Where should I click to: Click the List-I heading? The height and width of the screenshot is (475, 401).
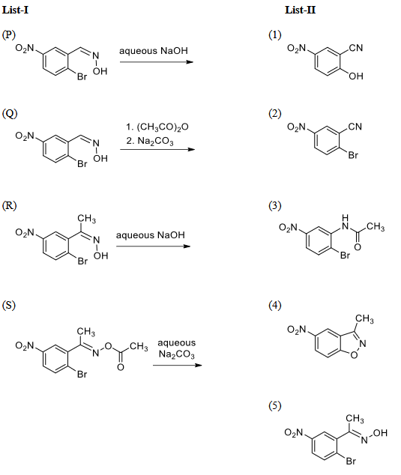click(15, 10)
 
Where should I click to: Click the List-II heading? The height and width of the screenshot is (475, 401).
click(300, 10)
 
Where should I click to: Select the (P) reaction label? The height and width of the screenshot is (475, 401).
click(8, 34)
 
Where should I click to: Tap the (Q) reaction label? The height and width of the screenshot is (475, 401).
click(10, 114)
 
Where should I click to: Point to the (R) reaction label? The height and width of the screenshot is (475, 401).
click(9, 206)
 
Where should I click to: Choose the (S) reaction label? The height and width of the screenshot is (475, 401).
click(8, 305)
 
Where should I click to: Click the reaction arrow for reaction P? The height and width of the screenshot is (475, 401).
click(157, 62)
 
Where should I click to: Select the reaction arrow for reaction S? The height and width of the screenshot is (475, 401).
click(178, 365)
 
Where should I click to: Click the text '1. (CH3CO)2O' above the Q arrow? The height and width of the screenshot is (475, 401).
click(157, 127)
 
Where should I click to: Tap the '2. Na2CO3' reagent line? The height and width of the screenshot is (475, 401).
click(150, 142)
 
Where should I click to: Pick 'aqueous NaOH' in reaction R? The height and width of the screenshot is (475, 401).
click(151, 235)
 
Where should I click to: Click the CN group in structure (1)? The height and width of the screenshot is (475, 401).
click(356, 48)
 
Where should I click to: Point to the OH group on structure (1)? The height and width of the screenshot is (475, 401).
click(356, 76)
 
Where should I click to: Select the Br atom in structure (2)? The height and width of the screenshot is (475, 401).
click(353, 155)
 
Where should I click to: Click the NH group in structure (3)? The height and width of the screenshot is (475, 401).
click(345, 223)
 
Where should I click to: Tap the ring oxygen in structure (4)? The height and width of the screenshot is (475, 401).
click(354, 354)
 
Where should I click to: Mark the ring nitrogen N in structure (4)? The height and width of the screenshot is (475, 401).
click(362, 344)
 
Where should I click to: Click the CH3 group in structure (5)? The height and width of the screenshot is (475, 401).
click(355, 419)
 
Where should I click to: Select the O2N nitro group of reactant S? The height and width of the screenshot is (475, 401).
click(25, 345)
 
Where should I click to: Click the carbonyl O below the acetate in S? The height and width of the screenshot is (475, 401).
click(121, 367)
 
